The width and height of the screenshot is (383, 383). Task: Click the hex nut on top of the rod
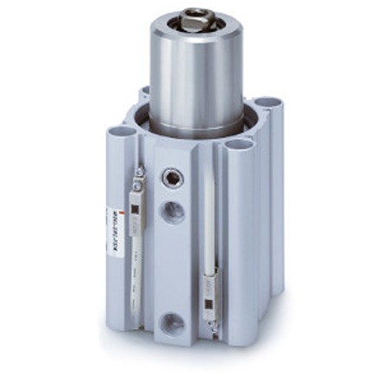[x=197, y=15]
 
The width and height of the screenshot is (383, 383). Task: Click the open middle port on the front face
[x=173, y=210]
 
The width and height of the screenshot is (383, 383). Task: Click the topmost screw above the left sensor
[x=137, y=173]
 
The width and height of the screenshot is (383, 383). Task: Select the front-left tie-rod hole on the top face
[x=119, y=133]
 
